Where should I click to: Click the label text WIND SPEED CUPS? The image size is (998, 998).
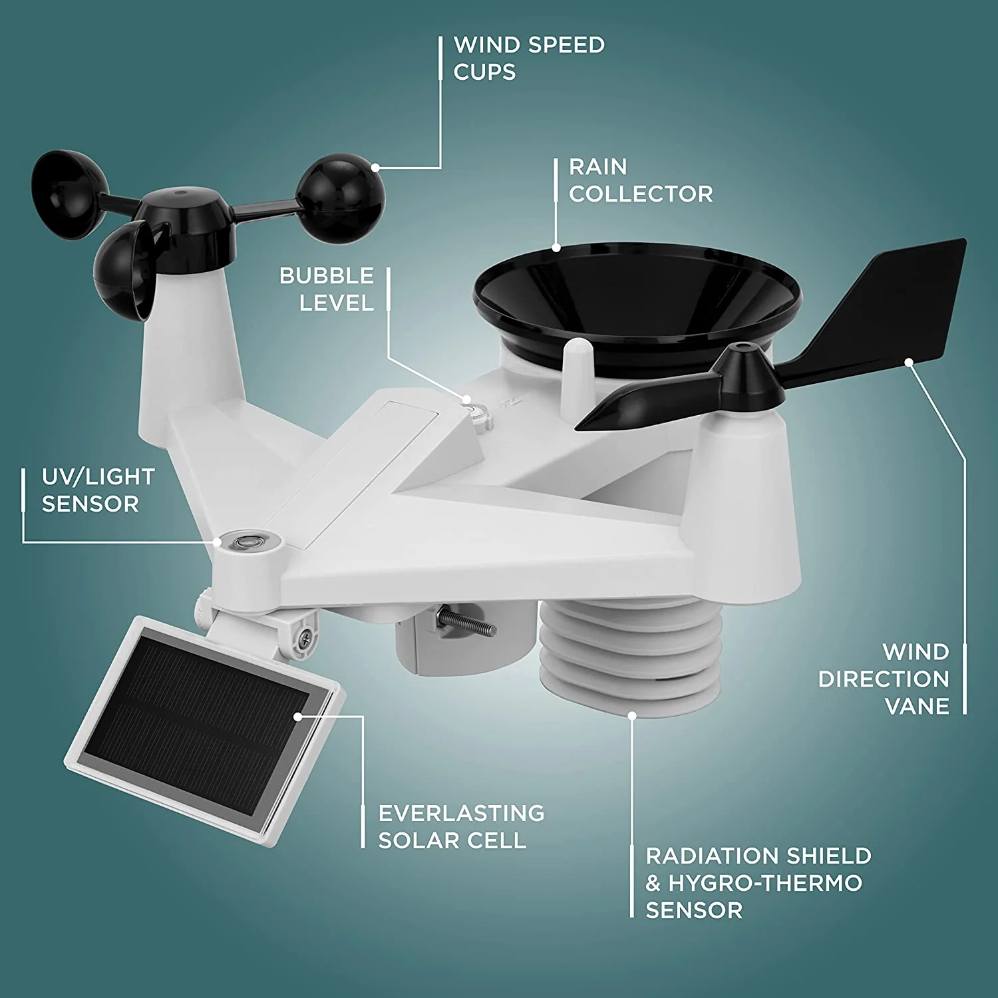tap(529, 59)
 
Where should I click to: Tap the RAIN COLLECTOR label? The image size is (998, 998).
tap(641, 180)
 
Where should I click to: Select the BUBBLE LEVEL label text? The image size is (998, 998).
tap(327, 289)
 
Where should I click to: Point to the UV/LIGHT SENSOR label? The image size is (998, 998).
tap(98, 490)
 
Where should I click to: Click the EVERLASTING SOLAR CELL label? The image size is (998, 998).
tap(461, 826)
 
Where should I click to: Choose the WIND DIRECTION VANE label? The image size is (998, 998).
tap(884, 679)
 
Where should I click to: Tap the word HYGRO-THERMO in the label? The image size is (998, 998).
tap(765, 883)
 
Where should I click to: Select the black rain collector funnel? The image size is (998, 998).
tap(637, 299)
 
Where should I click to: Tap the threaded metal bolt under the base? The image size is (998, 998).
tap(466, 622)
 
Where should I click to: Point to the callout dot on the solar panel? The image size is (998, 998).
tap(298, 717)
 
